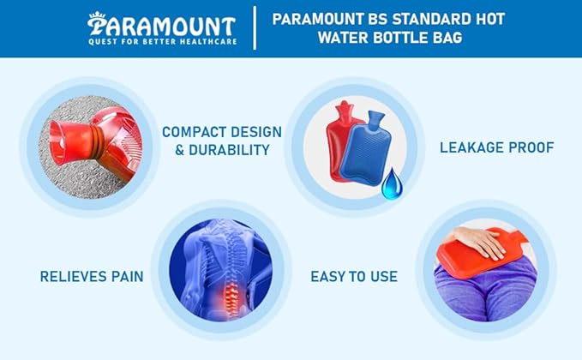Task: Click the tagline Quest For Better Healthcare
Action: (162, 41)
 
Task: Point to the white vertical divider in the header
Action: (255, 27)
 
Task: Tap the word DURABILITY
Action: (229, 150)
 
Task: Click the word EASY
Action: (327, 277)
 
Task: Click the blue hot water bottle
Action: (366, 150)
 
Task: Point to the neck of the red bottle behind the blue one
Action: (345, 111)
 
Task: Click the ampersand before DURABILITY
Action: (180, 150)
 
